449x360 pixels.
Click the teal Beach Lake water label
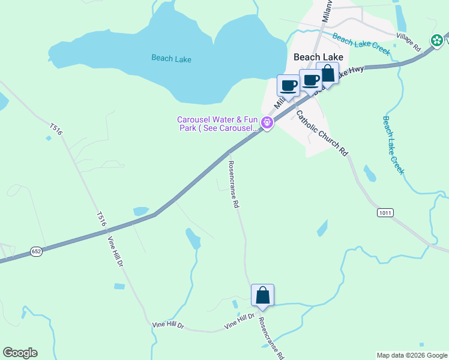[x=171, y=58]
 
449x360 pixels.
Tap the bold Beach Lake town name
[x=318, y=57]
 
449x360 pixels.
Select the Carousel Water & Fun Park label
[x=217, y=124]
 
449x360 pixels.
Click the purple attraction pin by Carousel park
[x=267, y=124]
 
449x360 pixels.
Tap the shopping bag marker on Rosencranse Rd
[x=262, y=295]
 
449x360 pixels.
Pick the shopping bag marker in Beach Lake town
[x=327, y=74]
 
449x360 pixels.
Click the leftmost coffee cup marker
[x=288, y=85]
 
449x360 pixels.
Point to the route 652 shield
[x=36, y=252]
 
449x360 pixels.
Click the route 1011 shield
[x=385, y=213]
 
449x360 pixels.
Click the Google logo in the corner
[x=20, y=353]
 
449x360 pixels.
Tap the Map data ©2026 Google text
[x=411, y=355]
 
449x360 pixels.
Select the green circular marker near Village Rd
[x=438, y=40]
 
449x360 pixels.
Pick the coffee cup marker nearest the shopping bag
[x=310, y=80]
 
